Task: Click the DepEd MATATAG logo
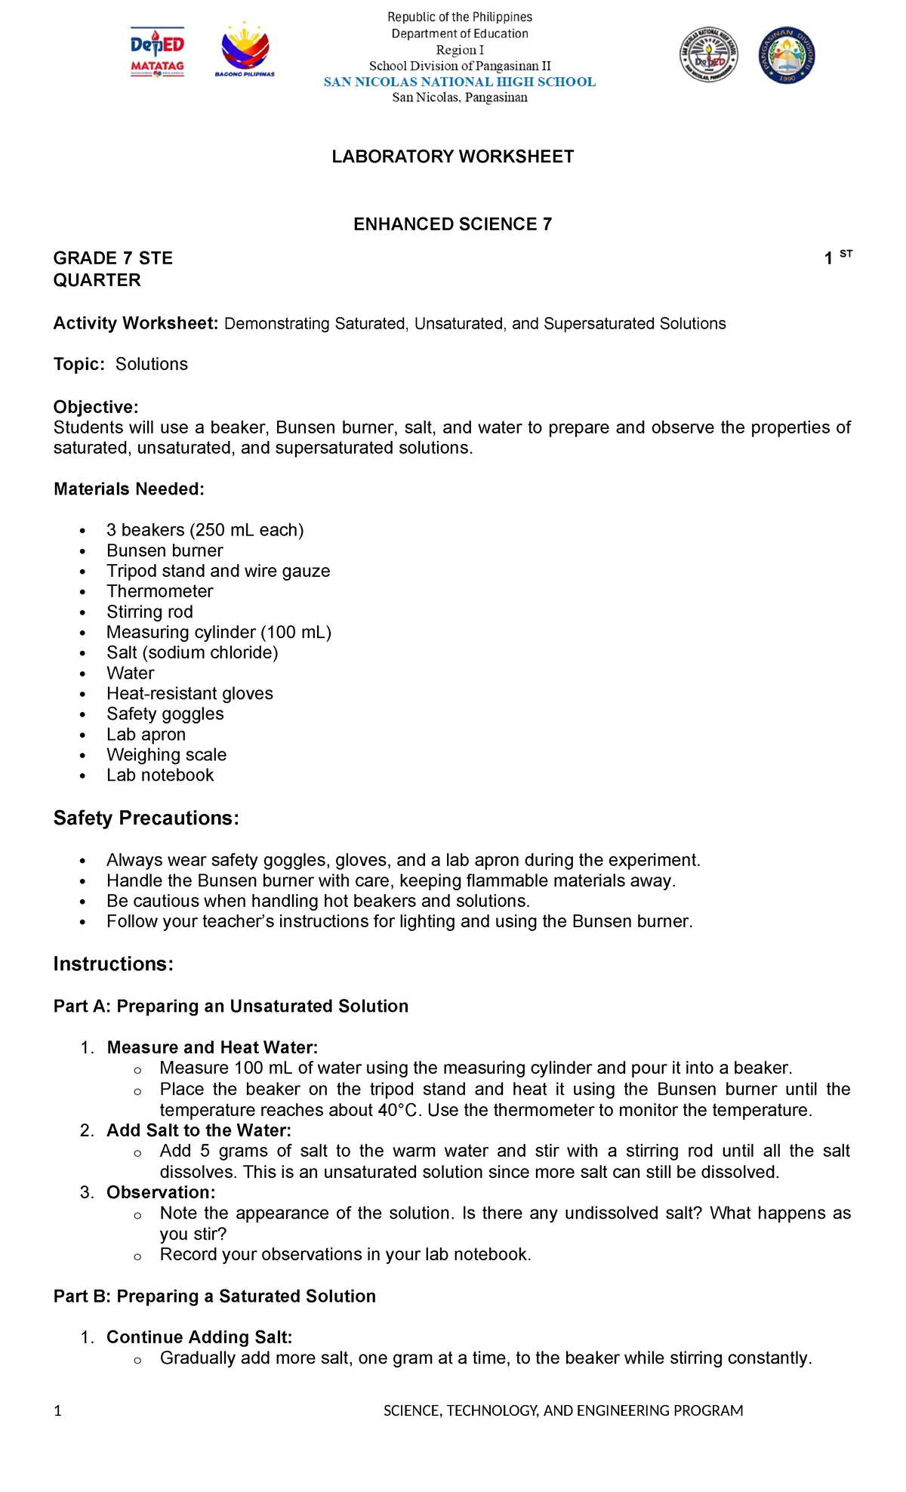pyautogui.click(x=157, y=53)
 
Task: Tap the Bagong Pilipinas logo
pyautogui.click(x=245, y=51)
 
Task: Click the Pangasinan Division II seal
pyautogui.click(x=787, y=55)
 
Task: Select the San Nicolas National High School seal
pyautogui.click(x=709, y=55)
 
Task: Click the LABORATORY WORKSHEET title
pyautogui.click(x=453, y=156)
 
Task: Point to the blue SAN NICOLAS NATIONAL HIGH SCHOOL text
pyautogui.click(x=459, y=82)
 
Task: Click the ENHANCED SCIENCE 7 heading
pyautogui.click(x=453, y=224)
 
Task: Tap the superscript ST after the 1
pyautogui.click(x=846, y=254)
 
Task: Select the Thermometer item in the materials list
pyautogui.click(x=159, y=591)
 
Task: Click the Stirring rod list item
pyautogui.click(x=149, y=612)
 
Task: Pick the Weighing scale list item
pyautogui.click(x=166, y=754)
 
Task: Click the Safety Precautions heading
pyautogui.click(x=146, y=818)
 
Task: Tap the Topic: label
pyautogui.click(x=79, y=364)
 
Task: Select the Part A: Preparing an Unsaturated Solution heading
pyautogui.click(x=230, y=1006)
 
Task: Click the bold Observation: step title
pyautogui.click(x=161, y=1192)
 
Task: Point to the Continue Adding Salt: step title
pyautogui.click(x=199, y=1337)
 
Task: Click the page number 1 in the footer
pyautogui.click(x=57, y=1411)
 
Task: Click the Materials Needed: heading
pyautogui.click(x=128, y=489)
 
